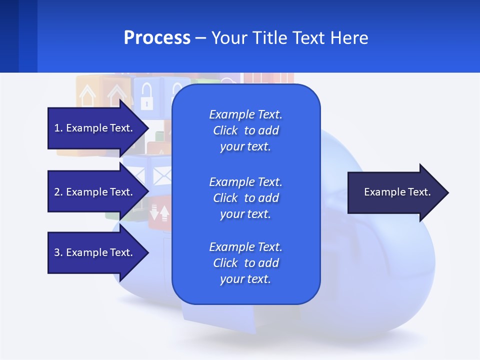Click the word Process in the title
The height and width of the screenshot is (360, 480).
(157, 38)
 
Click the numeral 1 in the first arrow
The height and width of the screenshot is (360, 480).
(57, 128)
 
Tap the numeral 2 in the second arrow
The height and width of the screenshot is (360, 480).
(57, 192)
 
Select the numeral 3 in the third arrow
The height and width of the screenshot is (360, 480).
(57, 252)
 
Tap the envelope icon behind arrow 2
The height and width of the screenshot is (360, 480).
(161, 175)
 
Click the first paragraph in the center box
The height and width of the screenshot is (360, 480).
(245, 130)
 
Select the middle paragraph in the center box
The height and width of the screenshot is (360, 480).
(245, 198)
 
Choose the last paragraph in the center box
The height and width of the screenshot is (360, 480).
(245, 263)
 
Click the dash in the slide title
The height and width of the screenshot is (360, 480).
(201, 38)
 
